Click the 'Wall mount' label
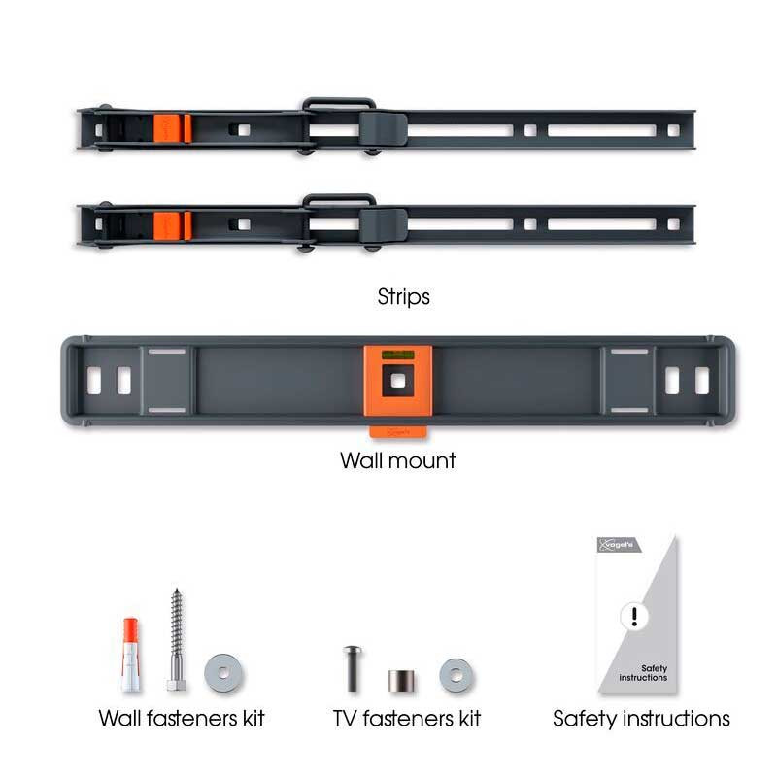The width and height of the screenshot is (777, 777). pyautogui.click(x=397, y=459)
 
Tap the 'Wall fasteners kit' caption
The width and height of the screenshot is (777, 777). pyautogui.click(x=182, y=719)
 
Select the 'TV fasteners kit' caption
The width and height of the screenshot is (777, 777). pyautogui.click(x=405, y=719)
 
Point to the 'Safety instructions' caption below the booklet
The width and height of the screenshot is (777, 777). pyautogui.click(x=641, y=719)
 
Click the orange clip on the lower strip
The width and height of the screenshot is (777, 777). pyautogui.click(x=171, y=224)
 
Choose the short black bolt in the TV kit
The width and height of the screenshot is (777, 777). pyautogui.click(x=352, y=667)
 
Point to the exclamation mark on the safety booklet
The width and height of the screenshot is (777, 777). pyautogui.click(x=633, y=616)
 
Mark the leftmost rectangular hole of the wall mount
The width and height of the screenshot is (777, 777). pyautogui.click(x=94, y=381)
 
